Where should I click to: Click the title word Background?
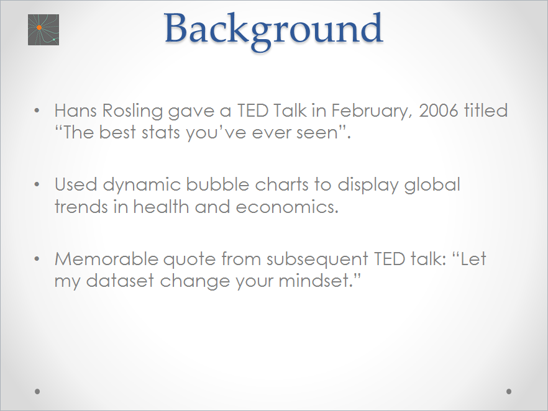coord(273,29)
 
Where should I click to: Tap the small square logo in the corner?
coord(43,30)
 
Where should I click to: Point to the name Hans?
coord(78,111)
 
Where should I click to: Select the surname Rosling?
coord(135,112)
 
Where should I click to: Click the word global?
coord(432,186)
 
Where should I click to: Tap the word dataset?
coord(121,280)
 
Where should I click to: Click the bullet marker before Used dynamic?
coord(39,185)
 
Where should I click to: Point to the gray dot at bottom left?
coord(38,391)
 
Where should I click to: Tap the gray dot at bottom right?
coord(509,391)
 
